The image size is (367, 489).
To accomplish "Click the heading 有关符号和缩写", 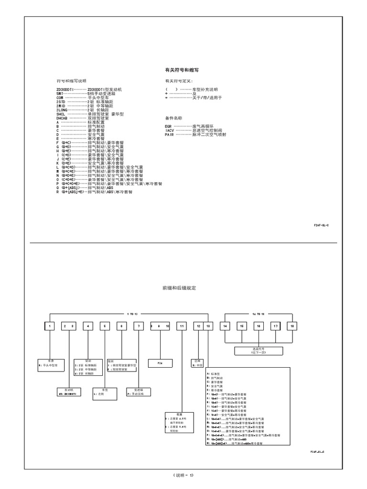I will click(182, 70).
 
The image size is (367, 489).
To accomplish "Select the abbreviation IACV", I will click(170, 130).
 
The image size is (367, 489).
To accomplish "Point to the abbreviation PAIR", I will click(169, 135).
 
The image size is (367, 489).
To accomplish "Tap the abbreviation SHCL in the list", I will click(61, 115).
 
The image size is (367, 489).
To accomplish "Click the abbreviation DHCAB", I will click(63, 118).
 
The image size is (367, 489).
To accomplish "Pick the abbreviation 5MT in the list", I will click(60, 94).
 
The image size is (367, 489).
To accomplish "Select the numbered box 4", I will click(88, 326).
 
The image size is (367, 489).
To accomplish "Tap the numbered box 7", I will click(139, 326).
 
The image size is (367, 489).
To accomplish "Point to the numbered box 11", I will click(182, 326).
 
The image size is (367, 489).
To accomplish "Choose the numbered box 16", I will click(258, 326).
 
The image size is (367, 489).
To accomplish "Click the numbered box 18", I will click(291, 326).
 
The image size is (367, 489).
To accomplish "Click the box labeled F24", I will click(161, 363).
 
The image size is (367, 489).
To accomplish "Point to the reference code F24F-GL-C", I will click(321, 224).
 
